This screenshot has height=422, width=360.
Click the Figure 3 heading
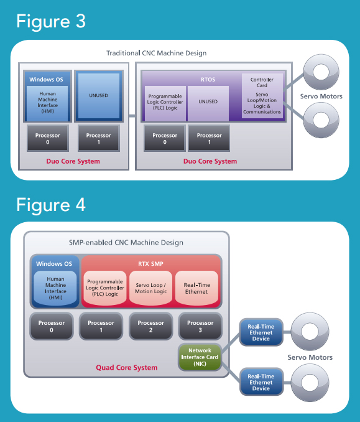pos(51,21)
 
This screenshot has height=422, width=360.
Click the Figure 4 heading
pos(51,205)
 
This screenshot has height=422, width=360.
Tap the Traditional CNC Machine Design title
pos(157,53)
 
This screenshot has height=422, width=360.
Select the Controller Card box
pos(262,96)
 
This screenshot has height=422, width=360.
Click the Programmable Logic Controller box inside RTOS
pos(165,103)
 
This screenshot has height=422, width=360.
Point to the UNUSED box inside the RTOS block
pos(208,103)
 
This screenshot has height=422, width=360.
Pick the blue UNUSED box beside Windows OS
pos(99,96)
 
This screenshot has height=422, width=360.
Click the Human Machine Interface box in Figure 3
pos(47,103)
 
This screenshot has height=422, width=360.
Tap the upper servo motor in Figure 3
pos(321,72)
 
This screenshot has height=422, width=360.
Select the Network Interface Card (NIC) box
pos(200,357)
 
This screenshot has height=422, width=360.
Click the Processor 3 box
pos(200,326)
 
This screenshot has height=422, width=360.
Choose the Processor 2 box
pos(151,326)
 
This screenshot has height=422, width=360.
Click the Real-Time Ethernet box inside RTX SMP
pos(196,288)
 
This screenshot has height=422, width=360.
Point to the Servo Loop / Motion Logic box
pos(151,288)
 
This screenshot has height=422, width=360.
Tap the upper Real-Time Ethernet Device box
pos(261,332)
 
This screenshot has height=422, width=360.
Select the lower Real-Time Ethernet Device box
pos(261,382)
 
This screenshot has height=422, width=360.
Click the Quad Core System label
pos(127,368)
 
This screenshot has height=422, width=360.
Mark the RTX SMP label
pos(151,264)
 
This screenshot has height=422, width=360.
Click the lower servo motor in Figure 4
pos(310,382)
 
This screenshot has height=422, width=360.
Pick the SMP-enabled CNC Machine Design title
pos(126,243)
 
